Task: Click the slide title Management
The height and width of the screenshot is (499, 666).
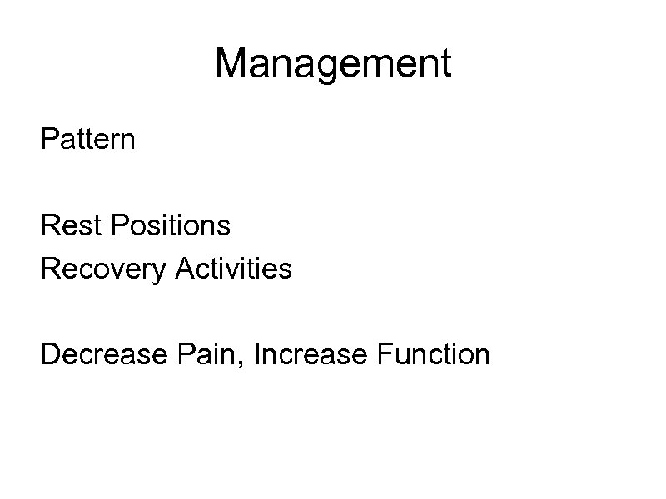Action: click(333, 64)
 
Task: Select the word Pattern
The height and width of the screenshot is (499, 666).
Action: click(87, 139)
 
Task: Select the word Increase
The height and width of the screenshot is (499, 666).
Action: click(310, 355)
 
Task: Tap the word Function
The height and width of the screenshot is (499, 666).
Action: click(432, 355)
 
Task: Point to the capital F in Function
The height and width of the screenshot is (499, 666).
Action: click(382, 355)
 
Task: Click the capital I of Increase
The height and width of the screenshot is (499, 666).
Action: click(259, 355)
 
